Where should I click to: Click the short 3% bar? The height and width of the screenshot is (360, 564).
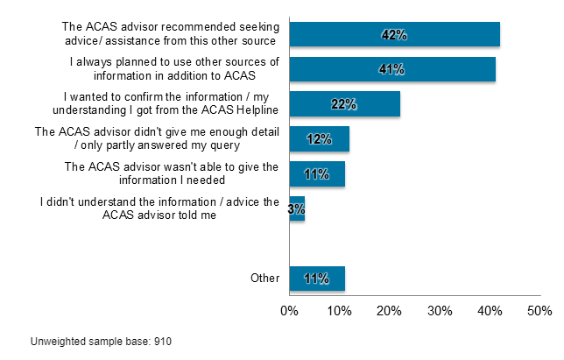(297, 209)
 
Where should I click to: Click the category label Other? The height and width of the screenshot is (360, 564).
(264, 279)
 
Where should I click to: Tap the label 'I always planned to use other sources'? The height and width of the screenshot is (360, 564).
(173, 69)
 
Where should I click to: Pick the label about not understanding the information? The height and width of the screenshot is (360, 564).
(159, 209)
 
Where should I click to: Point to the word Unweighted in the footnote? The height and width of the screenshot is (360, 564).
(57, 340)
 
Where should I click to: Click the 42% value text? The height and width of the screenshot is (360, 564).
(394, 34)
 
